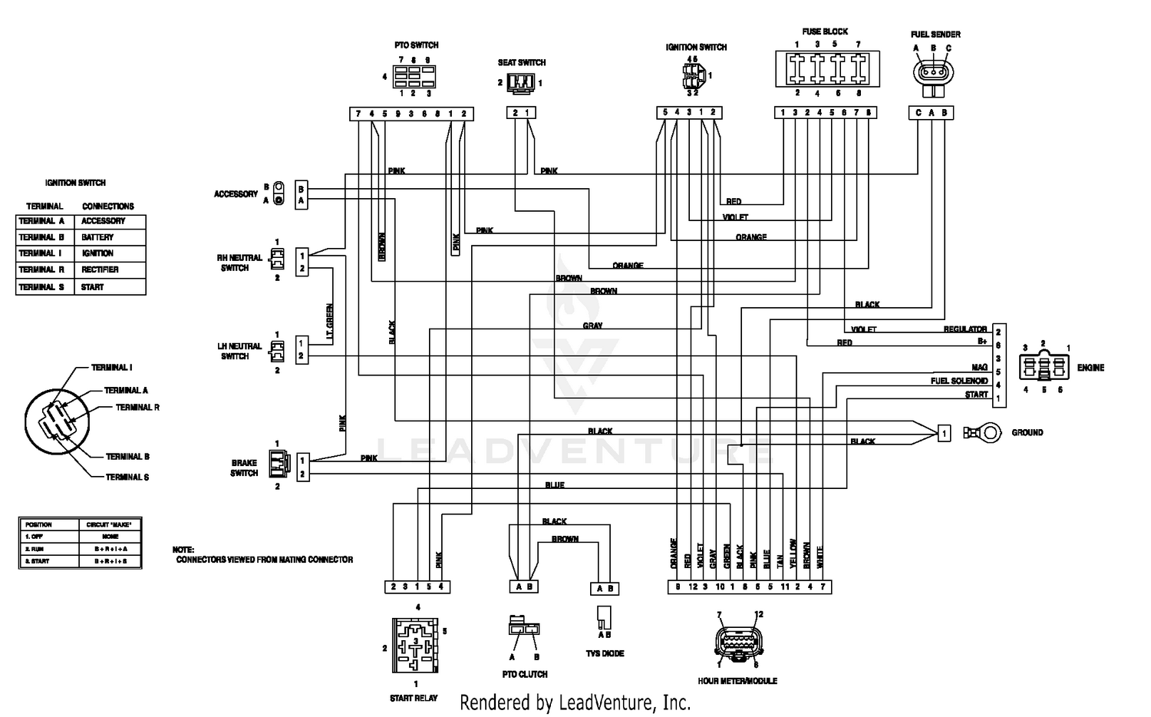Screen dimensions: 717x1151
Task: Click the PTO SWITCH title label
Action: tap(417, 45)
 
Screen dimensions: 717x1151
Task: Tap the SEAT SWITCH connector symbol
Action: tap(522, 82)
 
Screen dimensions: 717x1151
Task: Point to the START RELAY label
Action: tap(414, 698)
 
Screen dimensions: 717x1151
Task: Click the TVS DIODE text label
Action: tap(605, 653)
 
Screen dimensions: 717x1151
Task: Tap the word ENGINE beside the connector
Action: tap(1090, 368)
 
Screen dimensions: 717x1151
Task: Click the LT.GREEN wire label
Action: tap(330, 322)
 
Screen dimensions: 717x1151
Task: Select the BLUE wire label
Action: tap(555, 485)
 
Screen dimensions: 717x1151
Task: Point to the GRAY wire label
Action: tap(592, 325)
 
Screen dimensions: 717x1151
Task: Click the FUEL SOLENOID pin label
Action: tap(959, 381)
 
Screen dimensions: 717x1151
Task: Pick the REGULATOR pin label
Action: tap(965, 329)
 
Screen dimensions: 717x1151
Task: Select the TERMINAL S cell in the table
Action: tap(41, 287)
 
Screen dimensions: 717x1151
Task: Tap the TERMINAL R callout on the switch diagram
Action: tap(137, 408)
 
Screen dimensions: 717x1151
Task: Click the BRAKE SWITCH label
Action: tap(244, 468)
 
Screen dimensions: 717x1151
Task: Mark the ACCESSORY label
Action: tap(236, 194)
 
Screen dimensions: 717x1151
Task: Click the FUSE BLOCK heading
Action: tap(825, 31)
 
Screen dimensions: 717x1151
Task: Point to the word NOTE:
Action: tap(183, 550)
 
